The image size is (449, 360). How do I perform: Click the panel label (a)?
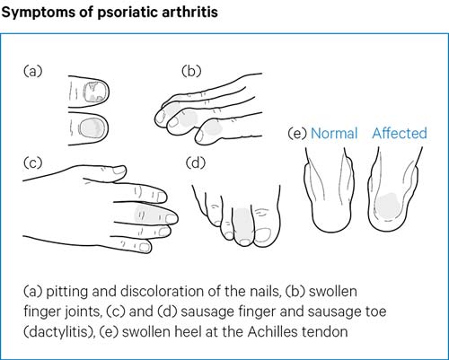[33, 71]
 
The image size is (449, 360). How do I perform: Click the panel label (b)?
[191, 71]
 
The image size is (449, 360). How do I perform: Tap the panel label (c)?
[32, 162]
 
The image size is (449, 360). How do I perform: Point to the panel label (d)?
[196, 163]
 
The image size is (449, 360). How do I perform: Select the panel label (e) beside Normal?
[297, 134]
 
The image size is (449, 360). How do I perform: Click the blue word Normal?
[334, 134]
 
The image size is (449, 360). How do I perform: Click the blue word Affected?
[400, 133]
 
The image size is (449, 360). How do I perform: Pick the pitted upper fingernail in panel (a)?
[95, 92]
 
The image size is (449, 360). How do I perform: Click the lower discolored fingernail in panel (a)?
[93, 128]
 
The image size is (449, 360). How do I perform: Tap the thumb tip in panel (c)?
[119, 171]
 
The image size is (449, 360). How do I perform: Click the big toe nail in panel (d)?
[263, 234]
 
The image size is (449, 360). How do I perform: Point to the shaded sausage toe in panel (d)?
[243, 225]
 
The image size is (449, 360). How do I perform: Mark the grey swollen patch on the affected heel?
[388, 205]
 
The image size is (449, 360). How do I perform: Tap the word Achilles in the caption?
[273, 331]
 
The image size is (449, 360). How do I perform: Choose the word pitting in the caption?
[67, 292]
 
